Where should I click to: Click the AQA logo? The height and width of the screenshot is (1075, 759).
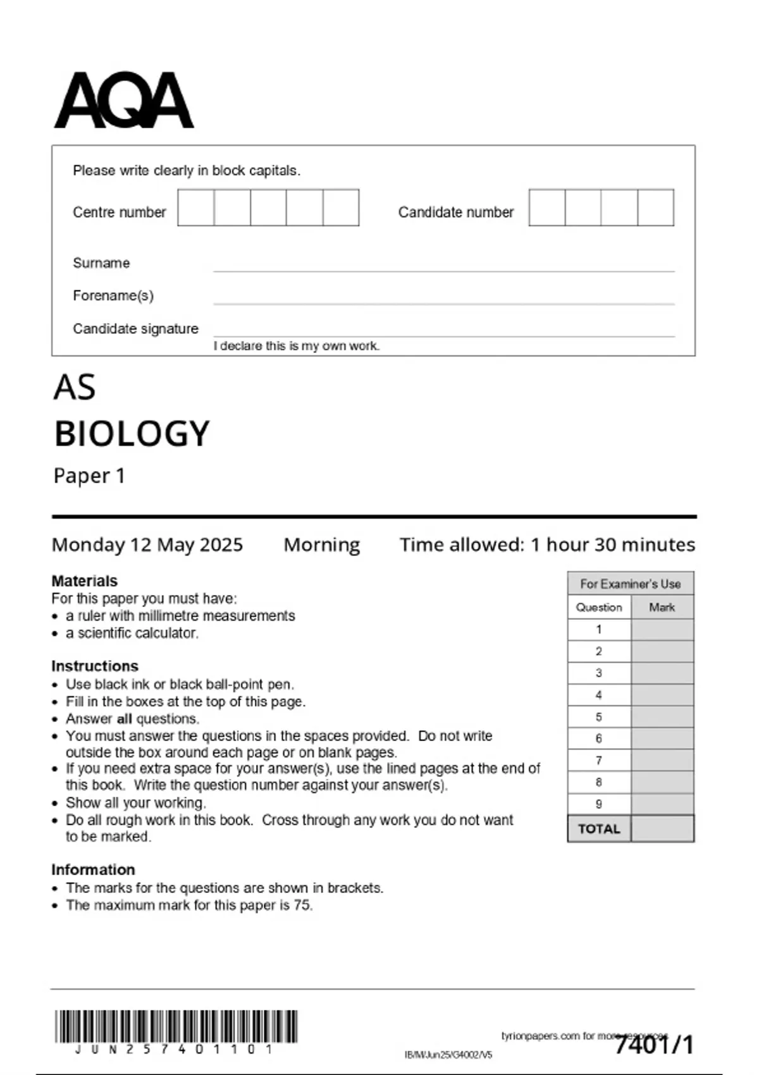coord(124,100)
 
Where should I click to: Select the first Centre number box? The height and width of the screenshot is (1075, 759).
coord(196,207)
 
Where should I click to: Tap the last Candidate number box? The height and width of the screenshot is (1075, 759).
coord(656,207)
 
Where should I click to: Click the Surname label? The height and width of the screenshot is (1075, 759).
coord(101,263)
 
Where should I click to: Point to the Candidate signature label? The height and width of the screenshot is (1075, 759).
coord(135,329)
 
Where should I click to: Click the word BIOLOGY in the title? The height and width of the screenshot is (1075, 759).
coord(132,434)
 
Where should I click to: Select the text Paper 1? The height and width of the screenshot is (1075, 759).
coord(89,476)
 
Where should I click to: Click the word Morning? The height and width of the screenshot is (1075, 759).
coord(321,544)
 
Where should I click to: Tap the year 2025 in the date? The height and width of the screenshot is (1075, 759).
coord(219,544)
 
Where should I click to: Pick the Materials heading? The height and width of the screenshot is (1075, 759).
coord(84,580)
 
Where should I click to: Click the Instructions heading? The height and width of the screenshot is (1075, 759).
coord(94,666)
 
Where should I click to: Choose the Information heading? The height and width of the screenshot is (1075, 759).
coord(93,869)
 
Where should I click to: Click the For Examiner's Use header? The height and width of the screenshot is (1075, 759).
coord(630,584)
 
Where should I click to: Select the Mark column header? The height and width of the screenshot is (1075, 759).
coord(662,607)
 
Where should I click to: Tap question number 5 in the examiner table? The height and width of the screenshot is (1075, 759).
coord(599,717)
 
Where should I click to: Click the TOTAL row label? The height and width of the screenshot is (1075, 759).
coord(599,829)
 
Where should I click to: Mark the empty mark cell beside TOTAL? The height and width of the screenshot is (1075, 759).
coord(662,829)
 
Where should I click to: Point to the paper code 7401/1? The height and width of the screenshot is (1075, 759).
coord(655,1045)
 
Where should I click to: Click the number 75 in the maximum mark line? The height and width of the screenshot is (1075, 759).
coord(302,905)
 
